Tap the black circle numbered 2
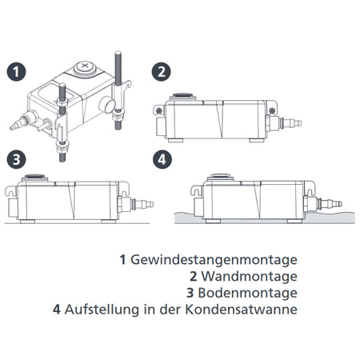[162, 71]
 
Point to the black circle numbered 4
[162, 158]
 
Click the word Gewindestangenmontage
[206, 260]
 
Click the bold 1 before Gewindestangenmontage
[122, 260]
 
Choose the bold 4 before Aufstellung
[57, 308]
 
